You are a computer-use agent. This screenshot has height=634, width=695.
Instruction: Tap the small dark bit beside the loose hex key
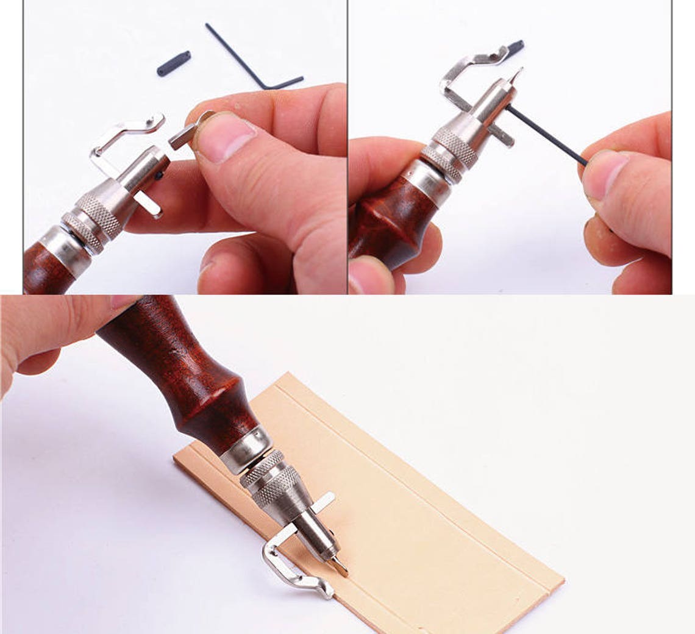pos(174,63)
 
